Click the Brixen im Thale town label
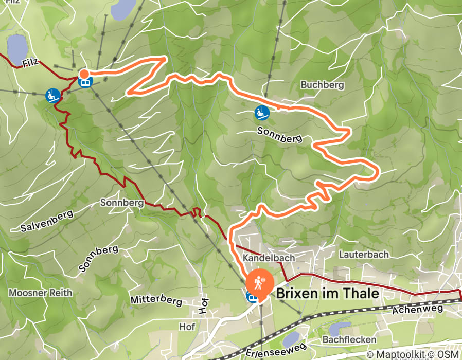pos(328,294)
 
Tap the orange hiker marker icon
pos(257,283)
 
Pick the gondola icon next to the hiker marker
pos(252,296)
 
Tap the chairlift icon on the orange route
pos(261,112)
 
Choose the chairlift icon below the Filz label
pos(52,95)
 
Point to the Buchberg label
pos(322,84)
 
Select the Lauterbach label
pos(363,254)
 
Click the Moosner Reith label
pos(41,293)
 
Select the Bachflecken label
pos(349,340)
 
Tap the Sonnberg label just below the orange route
pos(278,135)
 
